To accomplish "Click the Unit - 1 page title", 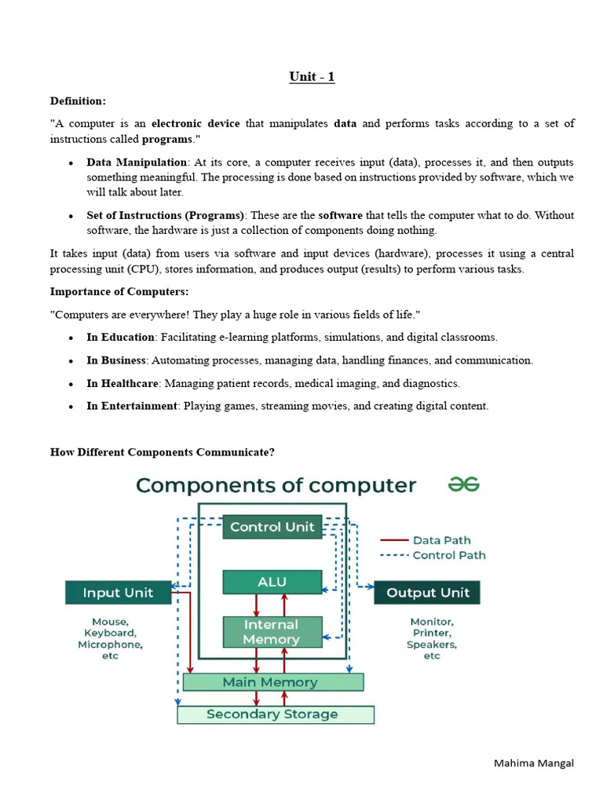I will tap(312, 77).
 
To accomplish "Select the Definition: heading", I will tap(78, 100).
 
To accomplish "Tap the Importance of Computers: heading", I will tap(119, 291).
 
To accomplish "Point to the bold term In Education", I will tap(120, 337).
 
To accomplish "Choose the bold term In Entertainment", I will tap(132, 406).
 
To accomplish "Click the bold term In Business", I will tap(117, 360).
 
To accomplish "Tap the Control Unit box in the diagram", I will tap(272, 527).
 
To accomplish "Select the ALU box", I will tap(272, 582).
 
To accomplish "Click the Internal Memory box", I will tap(272, 632).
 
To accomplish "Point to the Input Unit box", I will tap(118, 592).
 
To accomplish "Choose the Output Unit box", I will tap(427, 593).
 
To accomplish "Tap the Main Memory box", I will tap(272, 682).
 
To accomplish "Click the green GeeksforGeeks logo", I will tap(463, 484).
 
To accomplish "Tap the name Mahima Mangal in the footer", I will tap(534, 763).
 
